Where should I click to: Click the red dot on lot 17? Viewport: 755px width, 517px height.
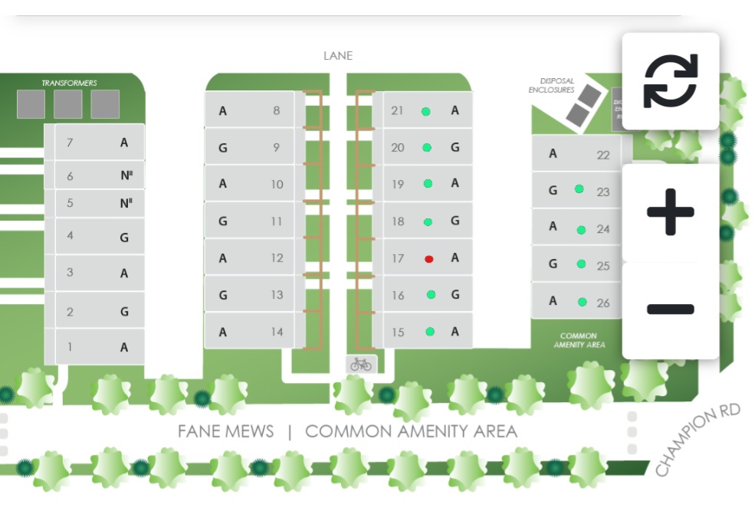point(429,259)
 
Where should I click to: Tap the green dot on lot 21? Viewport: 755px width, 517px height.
point(425,111)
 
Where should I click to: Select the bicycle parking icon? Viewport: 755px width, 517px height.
point(360,365)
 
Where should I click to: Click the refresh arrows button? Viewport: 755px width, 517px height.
point(671,80)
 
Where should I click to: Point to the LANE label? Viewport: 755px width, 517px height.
point(338,56)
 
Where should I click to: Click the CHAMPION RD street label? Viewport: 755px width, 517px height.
point(698,440)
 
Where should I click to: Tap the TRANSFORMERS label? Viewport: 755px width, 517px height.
point(69,83)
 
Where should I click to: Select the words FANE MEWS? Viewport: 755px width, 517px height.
point(225,431)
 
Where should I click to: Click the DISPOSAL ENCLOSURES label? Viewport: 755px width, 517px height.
point(552,85)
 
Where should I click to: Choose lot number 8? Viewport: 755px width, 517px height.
point(276,111)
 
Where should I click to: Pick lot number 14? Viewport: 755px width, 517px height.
point(276,332)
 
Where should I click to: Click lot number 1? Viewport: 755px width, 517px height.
point(70,347)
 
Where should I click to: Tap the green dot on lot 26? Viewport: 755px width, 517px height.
point(583,302)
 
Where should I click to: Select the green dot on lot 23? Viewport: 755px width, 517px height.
point(579,188)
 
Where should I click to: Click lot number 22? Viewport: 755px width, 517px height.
point(603,155)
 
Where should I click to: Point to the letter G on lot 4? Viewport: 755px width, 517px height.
point(124,237)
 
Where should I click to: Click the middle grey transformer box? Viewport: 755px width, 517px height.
point(68,104)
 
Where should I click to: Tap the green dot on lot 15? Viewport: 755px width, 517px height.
point(430,332)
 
